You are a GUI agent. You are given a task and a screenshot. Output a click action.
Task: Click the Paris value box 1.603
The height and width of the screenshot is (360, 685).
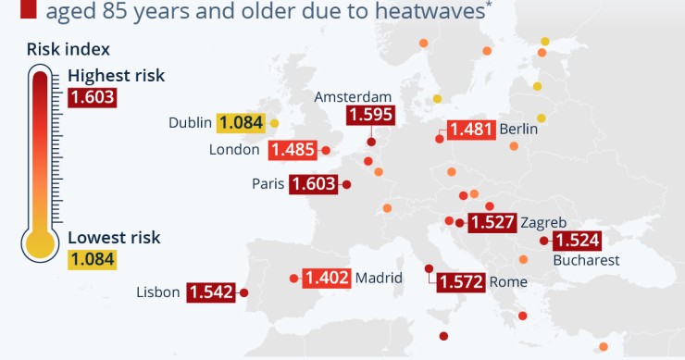[313, 184]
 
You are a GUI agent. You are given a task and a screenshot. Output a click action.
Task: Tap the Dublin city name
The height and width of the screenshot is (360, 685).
[191, 122]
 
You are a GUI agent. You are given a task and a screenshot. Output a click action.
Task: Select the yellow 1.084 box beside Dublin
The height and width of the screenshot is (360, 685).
[241, 122]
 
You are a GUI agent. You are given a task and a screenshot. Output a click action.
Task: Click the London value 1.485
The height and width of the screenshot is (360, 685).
[293, 150]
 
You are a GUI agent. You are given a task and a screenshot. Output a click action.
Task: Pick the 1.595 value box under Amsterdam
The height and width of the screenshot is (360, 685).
[370, 116]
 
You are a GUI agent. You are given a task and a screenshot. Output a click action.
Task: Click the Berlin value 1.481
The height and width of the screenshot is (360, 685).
[469, 130]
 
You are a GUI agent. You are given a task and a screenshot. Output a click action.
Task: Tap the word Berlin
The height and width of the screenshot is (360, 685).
[518, 130]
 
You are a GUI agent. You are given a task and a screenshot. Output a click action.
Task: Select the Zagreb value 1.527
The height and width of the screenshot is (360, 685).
[492, 222]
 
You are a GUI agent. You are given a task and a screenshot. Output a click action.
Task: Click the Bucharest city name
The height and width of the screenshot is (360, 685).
[586, 260]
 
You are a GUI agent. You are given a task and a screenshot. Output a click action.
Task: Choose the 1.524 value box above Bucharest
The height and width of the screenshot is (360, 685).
[577, 241]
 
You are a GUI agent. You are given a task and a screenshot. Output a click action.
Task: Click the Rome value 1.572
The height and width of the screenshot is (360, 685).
[460, 282]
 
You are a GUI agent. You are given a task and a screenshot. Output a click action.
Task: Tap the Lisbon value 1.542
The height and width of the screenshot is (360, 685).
[211, 292]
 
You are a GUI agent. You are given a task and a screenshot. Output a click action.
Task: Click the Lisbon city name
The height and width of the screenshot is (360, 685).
[157, 292]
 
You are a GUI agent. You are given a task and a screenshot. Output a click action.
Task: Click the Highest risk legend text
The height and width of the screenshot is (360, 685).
[116, 76]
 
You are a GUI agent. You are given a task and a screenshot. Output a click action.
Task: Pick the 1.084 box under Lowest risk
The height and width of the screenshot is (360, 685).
[92, 258]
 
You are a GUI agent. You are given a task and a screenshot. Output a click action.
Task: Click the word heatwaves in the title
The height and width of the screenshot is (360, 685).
[430, 12]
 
